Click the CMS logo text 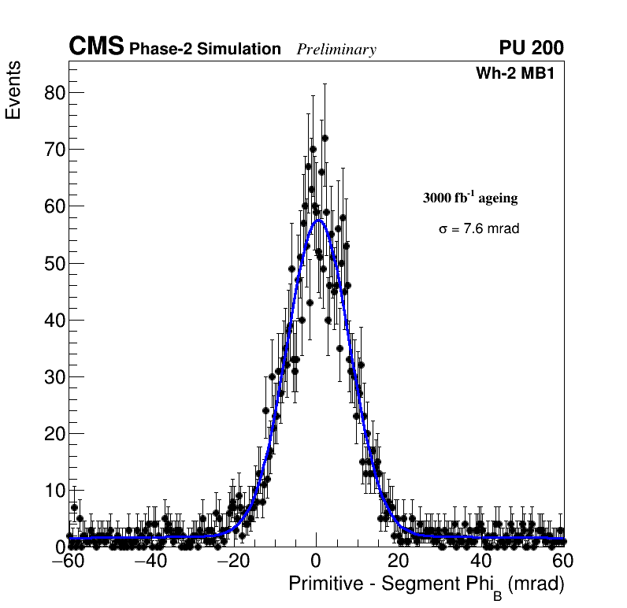point(96,47)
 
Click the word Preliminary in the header point(336,50)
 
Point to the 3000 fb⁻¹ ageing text point(470,198)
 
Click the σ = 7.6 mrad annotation point(479,229)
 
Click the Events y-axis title point(13,91)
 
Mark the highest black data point point(325,138)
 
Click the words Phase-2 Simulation point(205,50)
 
